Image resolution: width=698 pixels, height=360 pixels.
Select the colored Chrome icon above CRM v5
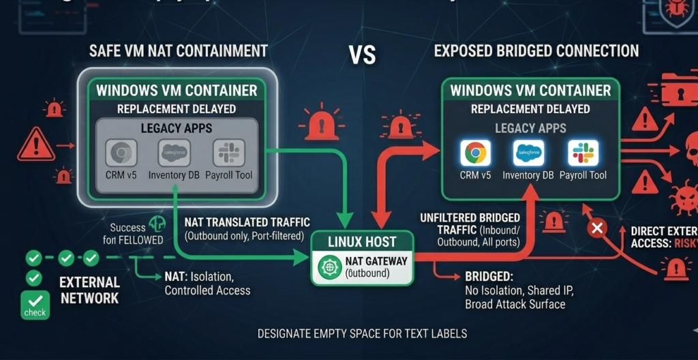475,153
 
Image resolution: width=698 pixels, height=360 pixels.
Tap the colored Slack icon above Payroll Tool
583,153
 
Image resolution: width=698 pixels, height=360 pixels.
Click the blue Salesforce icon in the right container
528,153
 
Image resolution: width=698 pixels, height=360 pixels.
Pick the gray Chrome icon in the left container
122,153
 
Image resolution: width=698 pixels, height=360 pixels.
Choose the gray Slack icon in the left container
228,153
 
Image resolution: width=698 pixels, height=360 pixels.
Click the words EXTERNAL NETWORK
89,290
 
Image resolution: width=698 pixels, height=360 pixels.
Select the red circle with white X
598,227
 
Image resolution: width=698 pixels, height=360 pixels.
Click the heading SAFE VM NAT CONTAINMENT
179,51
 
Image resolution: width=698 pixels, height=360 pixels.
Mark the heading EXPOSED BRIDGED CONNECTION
536,51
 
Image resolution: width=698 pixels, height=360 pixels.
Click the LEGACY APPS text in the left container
176,127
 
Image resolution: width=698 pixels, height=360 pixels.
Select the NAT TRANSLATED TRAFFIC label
247,222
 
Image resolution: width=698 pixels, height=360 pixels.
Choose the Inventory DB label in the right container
528,176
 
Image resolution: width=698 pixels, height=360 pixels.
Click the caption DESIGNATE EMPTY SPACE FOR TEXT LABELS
362,334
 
